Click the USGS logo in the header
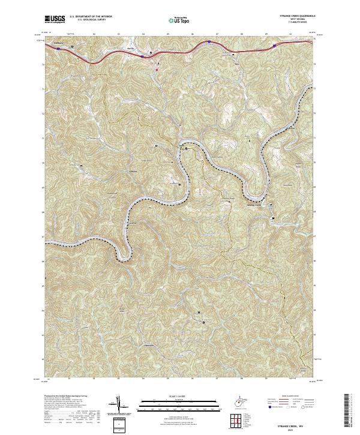pyautogui.click(x=55, y=19)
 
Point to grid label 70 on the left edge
pyautogui.click(x=43, y=163)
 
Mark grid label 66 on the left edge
pyautogui.click(x=43, y=261)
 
